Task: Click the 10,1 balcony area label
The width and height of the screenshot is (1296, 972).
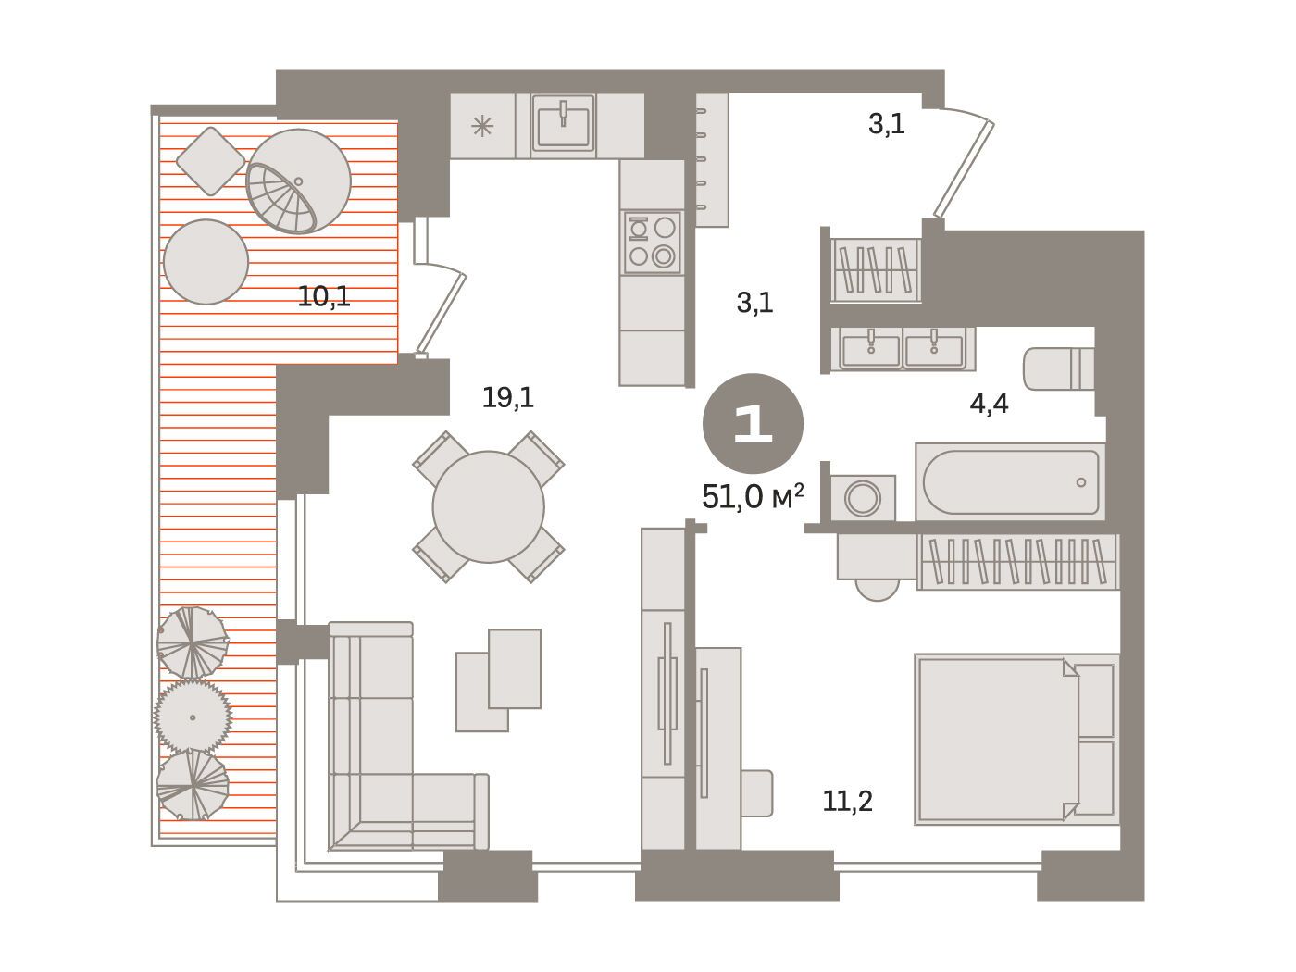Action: pyautogui.click(x=324, y=297)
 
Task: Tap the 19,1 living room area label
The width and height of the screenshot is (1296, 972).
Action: pyautogui.click(x=508, y=398)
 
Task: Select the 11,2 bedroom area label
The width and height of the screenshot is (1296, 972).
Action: pyautogui.click(x=847, y=802)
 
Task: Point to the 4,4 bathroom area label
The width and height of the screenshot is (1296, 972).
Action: pyautogui.click(x=989, y=404)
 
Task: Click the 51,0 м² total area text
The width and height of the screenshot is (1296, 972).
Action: pyautogui.click(x=753, y=496)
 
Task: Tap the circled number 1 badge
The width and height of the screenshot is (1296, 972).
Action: pyautogui.click(x=753, y=423)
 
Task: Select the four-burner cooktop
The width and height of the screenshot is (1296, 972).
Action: pyautogui.click(x=652, y=242)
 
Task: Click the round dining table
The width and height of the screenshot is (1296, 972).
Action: pyautogui.click(x=488, y=507)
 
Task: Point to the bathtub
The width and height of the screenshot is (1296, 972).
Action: pyautogui.click(x=1010, y=481)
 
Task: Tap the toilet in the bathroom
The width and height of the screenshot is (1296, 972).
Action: pyautogui.click(x=1058, y=368)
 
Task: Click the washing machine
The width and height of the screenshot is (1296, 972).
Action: pyautogui.click(x=863, y=498)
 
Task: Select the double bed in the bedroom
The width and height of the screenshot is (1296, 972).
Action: pyautogui.click(x=1016, y=739)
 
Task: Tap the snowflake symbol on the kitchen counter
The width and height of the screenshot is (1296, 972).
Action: pyautogui.click(x=482, y=126)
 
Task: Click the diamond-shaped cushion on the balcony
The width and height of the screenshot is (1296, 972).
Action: pyautogui.click(x=210, y=161)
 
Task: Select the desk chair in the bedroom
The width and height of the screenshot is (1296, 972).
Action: pyautogui.click(x=757, y=793)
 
